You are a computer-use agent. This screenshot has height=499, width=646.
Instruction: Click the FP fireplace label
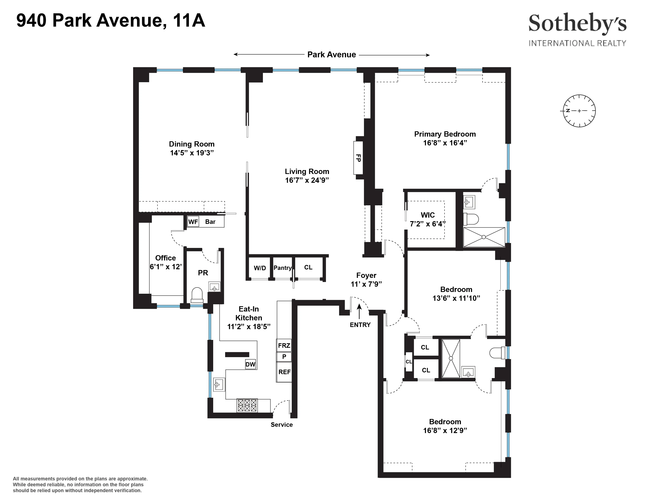(358, 158)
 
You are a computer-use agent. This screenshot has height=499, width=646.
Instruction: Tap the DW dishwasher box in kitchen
(250, 364)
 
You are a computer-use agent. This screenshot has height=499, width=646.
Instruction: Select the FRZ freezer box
(284, 345)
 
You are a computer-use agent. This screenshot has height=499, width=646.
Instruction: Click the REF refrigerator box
(284, 372)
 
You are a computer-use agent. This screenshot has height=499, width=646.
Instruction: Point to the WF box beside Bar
(193, 222)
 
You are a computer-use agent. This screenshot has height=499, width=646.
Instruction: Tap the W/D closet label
(260, 268)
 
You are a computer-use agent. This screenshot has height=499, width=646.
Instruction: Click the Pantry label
(282, 268)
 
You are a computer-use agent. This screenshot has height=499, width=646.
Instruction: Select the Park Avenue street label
(332, 55)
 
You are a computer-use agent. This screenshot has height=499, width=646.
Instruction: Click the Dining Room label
(192, 144)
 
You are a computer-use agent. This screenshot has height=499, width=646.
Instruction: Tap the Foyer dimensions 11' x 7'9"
(366, 284)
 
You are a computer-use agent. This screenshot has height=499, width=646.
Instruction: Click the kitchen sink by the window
(219, 384)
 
